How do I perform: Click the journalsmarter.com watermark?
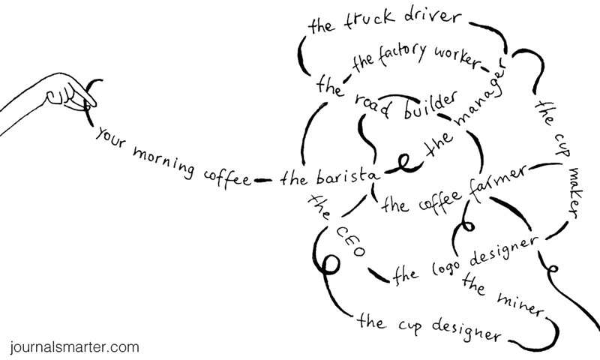coord(75,347)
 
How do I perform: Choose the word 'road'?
coord(368,103)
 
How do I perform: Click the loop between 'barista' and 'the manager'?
coord(406,163)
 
